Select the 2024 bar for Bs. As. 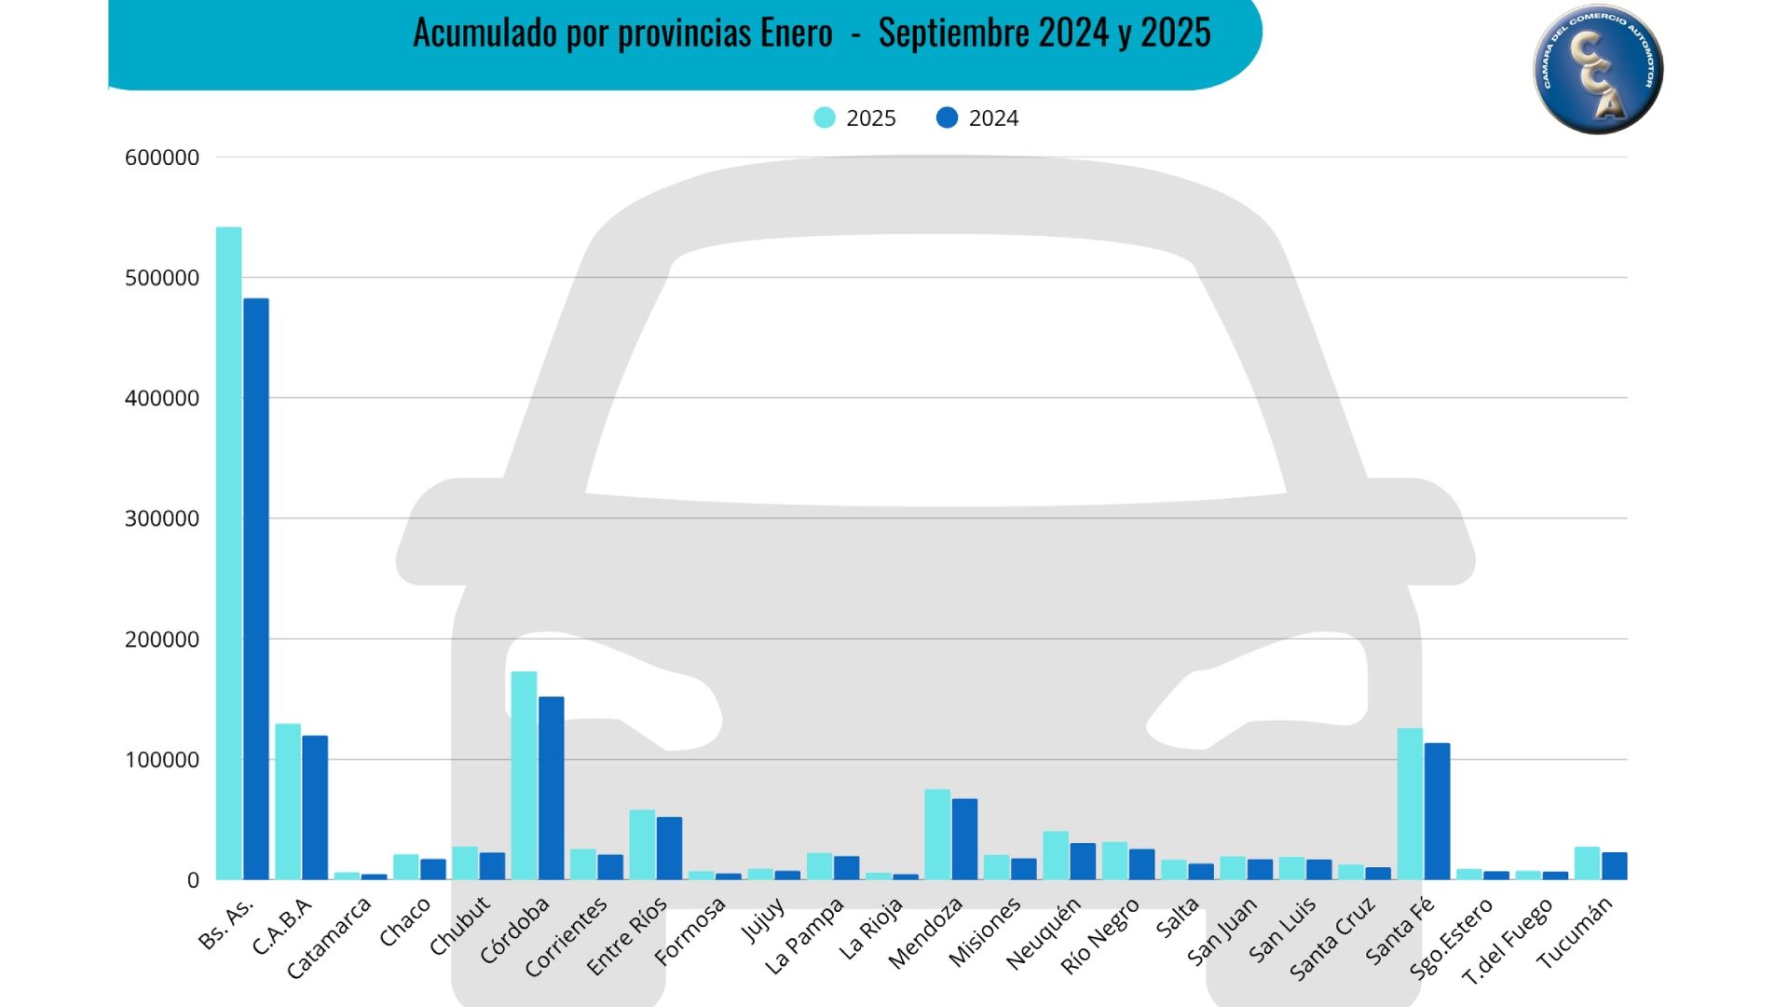(x=256, y=588)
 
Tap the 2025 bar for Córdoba (x=524, y=775)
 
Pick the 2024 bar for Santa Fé (x=1437, y=811)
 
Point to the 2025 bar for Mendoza (x=937, y=835)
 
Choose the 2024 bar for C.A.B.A (x=315, y=807)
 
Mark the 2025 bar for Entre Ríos (x=642, y=845)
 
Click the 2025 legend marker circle (x=825, y=117)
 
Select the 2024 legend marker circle (x=947, y=117)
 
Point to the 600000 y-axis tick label (x=162, y=158)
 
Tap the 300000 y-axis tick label (x=162, y=518)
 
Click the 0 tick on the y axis (x=193, y=880)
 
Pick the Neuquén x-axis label (x=1044, y=933)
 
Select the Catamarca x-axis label (x=329, y=938)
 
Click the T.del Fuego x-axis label (x=1508, y=941)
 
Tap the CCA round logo (x=1598, y=69)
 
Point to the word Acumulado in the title (x=485, y=34)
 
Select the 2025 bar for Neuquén (x=1056, y=855)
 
